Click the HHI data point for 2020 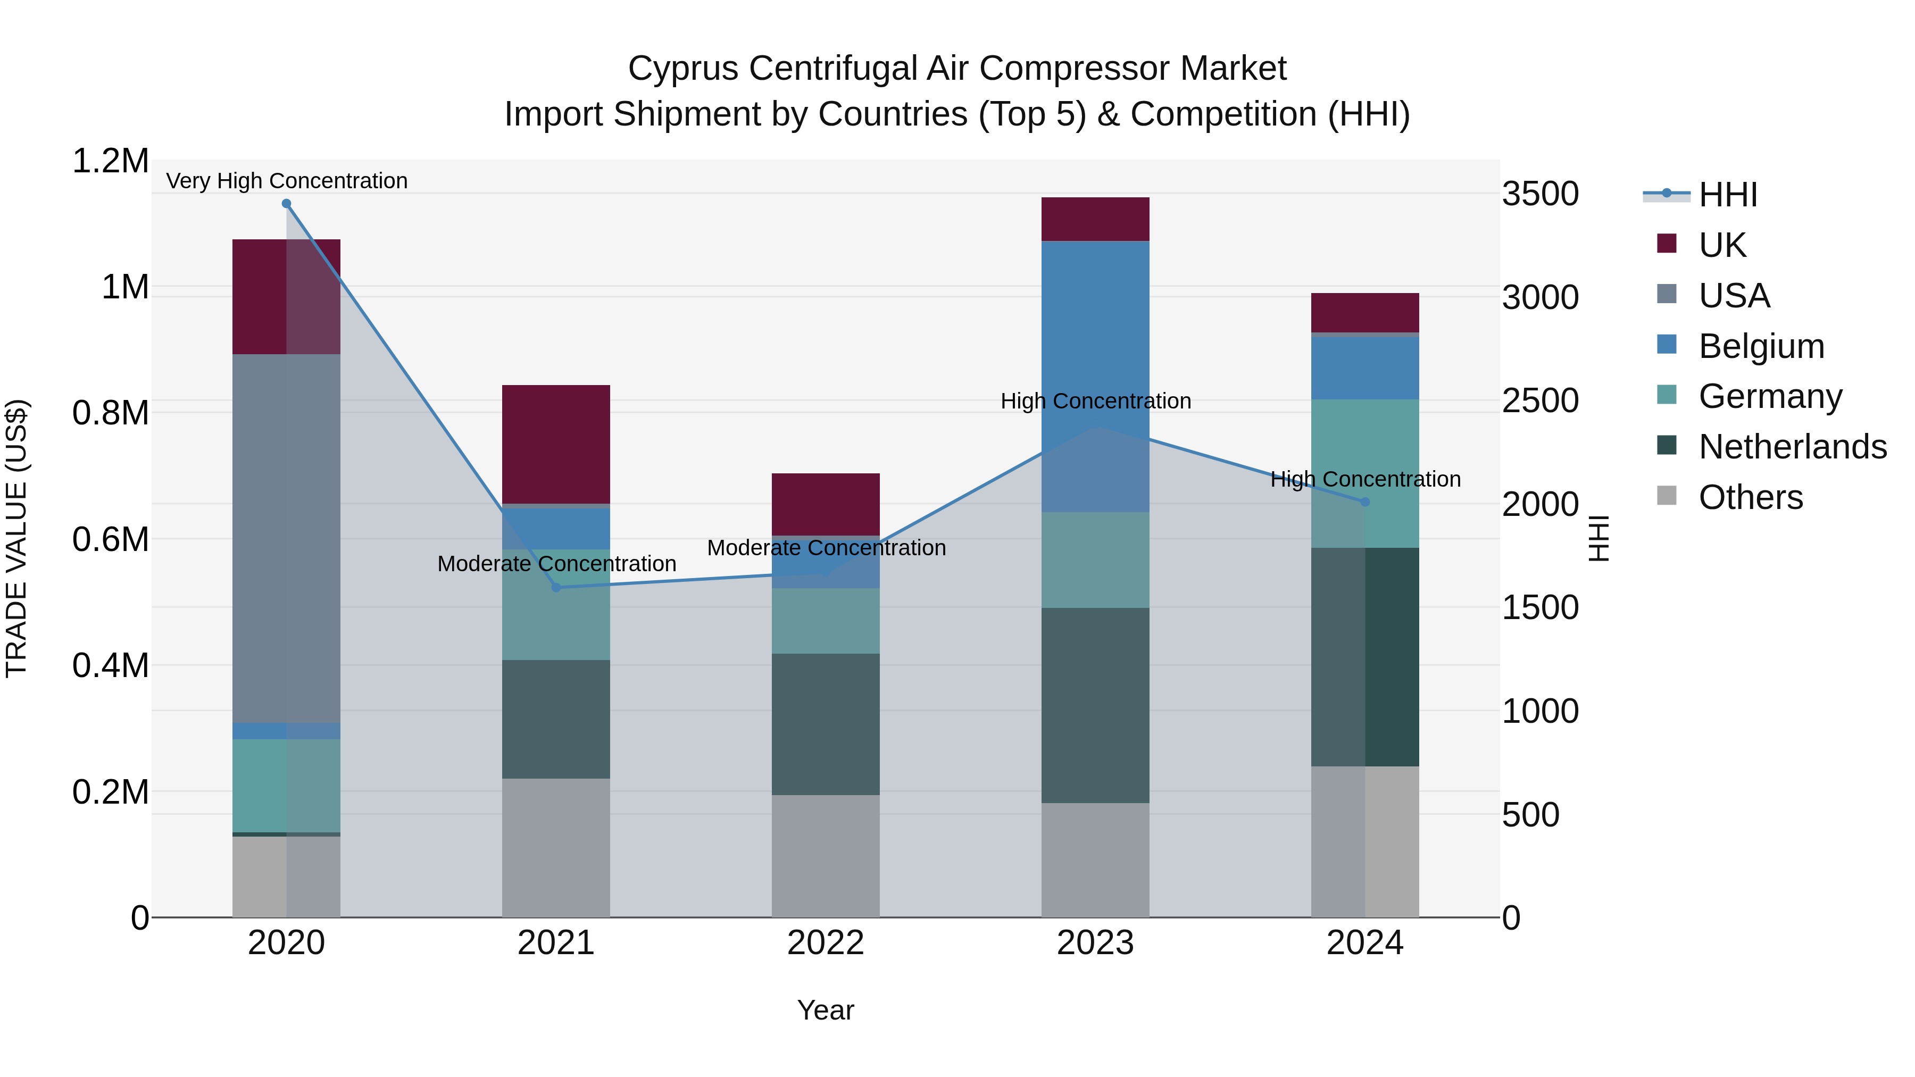tap(286, 204)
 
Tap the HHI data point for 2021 tap(556, 588)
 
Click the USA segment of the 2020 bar tap(286, 539)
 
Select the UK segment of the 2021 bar tap(556, 445)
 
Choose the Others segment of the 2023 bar tap(1095, 860)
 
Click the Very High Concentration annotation tap(286, 181)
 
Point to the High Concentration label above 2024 tap(1365, 479)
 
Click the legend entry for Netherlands tap(1792, 447)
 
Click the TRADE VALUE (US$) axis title tap(16, 539)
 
